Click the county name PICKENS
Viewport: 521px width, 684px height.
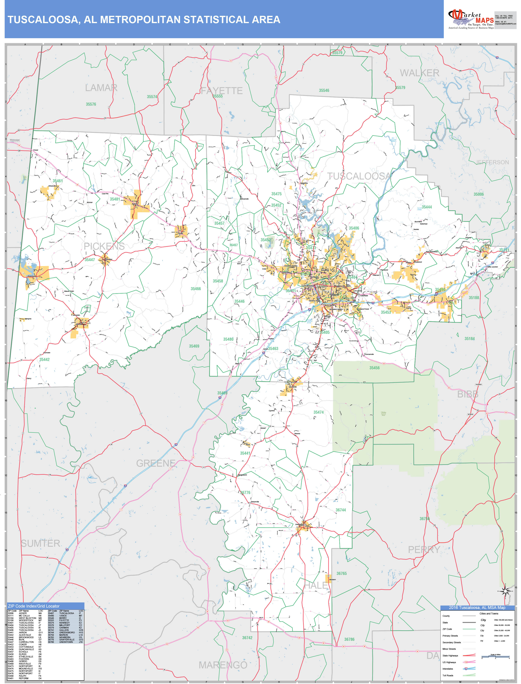click(104, 246)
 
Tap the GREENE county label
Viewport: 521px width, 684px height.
click(156, 463)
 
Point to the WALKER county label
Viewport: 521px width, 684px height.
click(419, 73)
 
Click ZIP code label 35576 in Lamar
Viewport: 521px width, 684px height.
click(91, 104)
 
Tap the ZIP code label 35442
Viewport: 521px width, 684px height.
click(44, 360)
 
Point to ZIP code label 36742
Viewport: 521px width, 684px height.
click(247, 638)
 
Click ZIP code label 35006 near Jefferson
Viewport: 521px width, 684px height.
click(478, 194)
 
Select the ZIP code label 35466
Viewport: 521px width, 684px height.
click(196, 289)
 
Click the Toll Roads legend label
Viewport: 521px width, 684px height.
click(448, 675)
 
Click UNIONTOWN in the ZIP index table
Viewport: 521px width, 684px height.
click(66, 642)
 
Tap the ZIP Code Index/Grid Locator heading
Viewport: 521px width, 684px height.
click(34, 606)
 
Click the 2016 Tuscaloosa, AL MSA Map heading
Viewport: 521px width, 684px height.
click(477, 608)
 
